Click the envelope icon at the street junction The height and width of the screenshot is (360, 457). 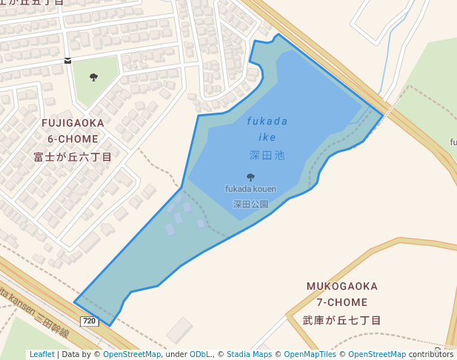[68, 61]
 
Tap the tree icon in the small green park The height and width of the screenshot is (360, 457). [93, 77]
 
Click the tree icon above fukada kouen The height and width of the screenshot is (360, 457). [250, 177]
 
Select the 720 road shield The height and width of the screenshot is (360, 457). [89, 321]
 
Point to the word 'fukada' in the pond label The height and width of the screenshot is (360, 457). [267, 121]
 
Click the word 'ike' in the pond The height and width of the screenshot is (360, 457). [267, 138]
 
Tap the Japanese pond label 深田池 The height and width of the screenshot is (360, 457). [267, 156]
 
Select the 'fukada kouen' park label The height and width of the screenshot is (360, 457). [250, 189]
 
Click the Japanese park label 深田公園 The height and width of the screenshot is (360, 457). [250, 204]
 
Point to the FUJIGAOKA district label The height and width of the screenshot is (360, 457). [73, 122]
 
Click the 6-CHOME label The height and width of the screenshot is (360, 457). [73, 139]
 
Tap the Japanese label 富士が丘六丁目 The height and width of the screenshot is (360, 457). [73, 157]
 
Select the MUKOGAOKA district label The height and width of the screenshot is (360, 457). [342, 286]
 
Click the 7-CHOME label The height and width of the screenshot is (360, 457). [342, 302]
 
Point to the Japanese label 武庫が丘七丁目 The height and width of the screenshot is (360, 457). [342, 321]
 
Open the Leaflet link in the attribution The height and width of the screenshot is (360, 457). [41, 355]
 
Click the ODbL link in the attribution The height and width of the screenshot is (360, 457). [200, 355]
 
